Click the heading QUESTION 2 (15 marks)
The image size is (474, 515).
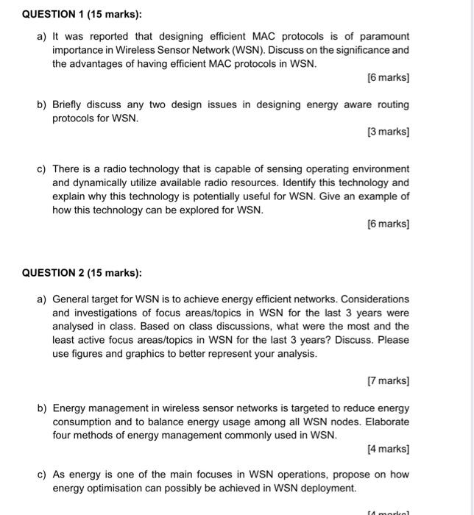point(82,273)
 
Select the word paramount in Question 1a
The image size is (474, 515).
point(383,36)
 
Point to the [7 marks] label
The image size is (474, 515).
point(388,380)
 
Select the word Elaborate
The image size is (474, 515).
point(386,422)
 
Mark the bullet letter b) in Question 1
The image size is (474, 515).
point(43,104)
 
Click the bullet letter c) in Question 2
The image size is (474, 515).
point(43,475)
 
